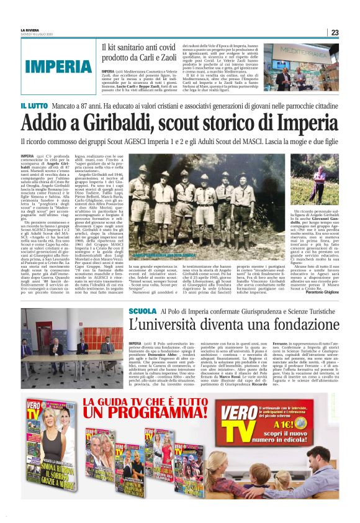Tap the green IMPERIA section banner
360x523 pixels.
pos(60,65)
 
